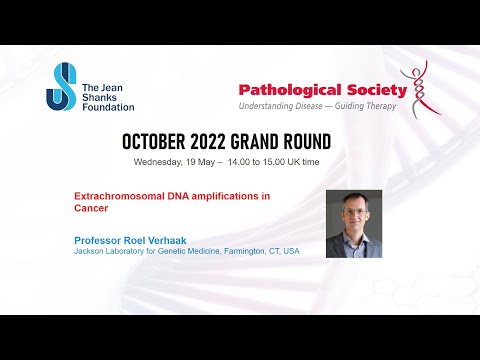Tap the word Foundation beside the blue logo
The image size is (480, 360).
[x=109, y=106]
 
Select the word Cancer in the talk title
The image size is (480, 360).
[x=91, y=208]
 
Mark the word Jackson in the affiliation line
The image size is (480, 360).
[x=90, y=252]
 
